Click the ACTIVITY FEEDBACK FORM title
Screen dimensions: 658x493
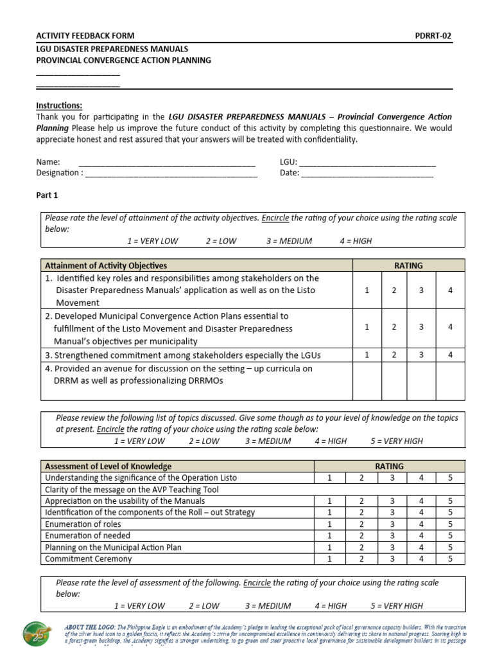85,36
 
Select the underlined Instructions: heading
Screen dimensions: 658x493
59,105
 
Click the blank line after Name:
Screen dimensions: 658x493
166,162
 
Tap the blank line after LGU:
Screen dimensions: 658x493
367,162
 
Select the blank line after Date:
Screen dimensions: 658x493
367,173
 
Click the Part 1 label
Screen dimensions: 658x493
46,195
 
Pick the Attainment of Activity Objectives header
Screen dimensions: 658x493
106,265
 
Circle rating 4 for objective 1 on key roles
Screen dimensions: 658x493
450,290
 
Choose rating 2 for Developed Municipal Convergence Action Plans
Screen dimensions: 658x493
394,327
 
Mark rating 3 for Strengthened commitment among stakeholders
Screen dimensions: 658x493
422,355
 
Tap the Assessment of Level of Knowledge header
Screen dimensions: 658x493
108,466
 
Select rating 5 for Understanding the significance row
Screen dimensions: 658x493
451,477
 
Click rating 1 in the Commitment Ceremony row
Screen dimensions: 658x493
329,558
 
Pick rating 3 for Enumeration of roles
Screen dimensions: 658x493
391,524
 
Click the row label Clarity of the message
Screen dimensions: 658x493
106,489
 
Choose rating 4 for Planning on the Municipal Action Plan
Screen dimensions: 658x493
421,547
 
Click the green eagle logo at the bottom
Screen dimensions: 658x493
40,637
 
